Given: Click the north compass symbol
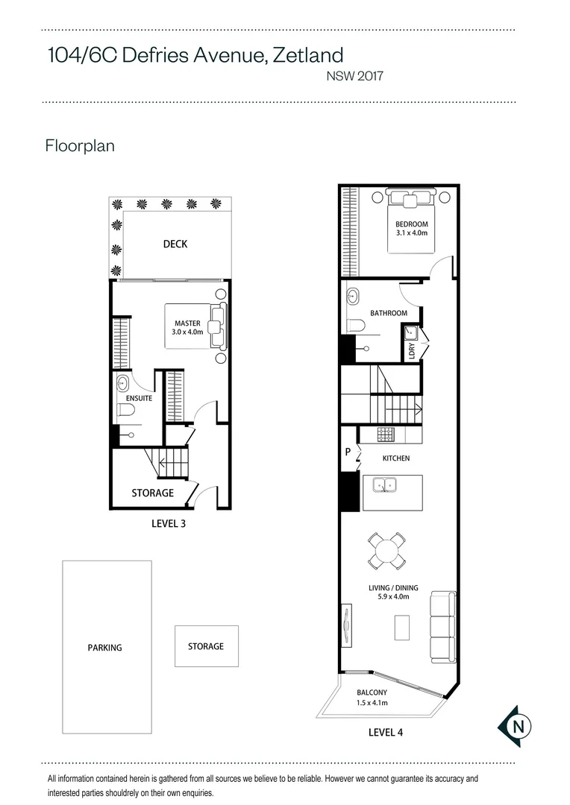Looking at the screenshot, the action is (x=515, y=726).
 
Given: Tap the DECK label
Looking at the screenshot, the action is (x=175, y=244).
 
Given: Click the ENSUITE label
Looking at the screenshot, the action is (x=139, y=398).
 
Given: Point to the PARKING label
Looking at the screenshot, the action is (x=105, y=648).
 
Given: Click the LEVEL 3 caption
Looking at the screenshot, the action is (x=169, y=524).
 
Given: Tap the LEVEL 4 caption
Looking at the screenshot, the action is (x=386, y=733).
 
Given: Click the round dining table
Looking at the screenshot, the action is (x=386, y=551).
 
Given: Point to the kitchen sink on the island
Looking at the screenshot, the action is (x=384, y=484).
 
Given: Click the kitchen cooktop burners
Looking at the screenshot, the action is (x=385, y=435).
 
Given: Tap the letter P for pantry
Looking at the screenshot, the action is (x=348, y=452).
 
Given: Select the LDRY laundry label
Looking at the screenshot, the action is (x=412, y=350).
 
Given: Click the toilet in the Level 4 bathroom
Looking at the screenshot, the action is (x=356, y=326).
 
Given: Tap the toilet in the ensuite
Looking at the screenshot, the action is (x=125, y=410).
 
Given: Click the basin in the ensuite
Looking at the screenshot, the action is (x=123, y=382).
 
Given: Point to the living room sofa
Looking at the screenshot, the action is (x=442, y=628).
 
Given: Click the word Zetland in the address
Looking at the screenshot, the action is (x=308, y=55).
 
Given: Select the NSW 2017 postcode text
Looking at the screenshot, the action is (x=354, y=76).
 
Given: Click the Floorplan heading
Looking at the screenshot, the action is (x=80, y=146).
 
